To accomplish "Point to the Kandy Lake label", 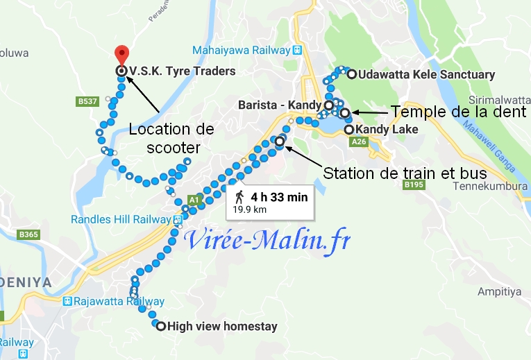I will pyautogui.click(x=386, y=130).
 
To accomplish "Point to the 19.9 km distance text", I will pyautogui.click(x=250, y=208).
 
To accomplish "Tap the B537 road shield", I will pyautogui.click(x=85, y=102).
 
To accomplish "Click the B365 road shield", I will pyautogui.click(x=28, y=234).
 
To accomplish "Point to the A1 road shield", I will pyautogui.click(x=194, y=200).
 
